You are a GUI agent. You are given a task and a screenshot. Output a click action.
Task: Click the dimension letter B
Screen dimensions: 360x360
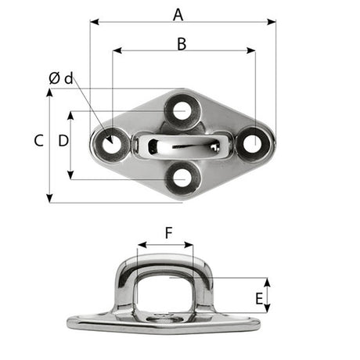click(181, 44)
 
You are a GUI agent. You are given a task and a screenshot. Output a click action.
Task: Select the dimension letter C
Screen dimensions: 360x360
click(38, 141)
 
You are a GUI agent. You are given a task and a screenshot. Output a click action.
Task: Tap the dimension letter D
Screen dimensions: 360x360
click(63, 141)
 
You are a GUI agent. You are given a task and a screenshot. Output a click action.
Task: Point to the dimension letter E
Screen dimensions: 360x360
click(259, 297)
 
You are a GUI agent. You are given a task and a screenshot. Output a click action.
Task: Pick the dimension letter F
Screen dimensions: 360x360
click(168, 232)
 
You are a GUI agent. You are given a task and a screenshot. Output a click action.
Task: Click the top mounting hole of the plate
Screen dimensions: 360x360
click(182, 110)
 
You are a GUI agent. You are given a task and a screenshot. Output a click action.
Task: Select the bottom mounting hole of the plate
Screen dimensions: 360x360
click(182, 178)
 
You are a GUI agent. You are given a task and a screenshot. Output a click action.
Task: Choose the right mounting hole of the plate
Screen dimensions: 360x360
click(252, 142)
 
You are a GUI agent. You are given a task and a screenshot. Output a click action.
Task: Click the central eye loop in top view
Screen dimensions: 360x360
click(182, 145)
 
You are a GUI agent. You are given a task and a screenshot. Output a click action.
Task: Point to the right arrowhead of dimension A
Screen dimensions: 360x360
click(273, 22)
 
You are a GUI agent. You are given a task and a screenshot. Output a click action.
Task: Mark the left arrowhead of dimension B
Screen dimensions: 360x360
click(116, 52)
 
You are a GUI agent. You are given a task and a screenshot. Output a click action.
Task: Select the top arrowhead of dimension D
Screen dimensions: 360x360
click(71, 114)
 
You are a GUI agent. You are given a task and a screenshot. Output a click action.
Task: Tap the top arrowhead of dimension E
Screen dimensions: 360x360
click(268, 281)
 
